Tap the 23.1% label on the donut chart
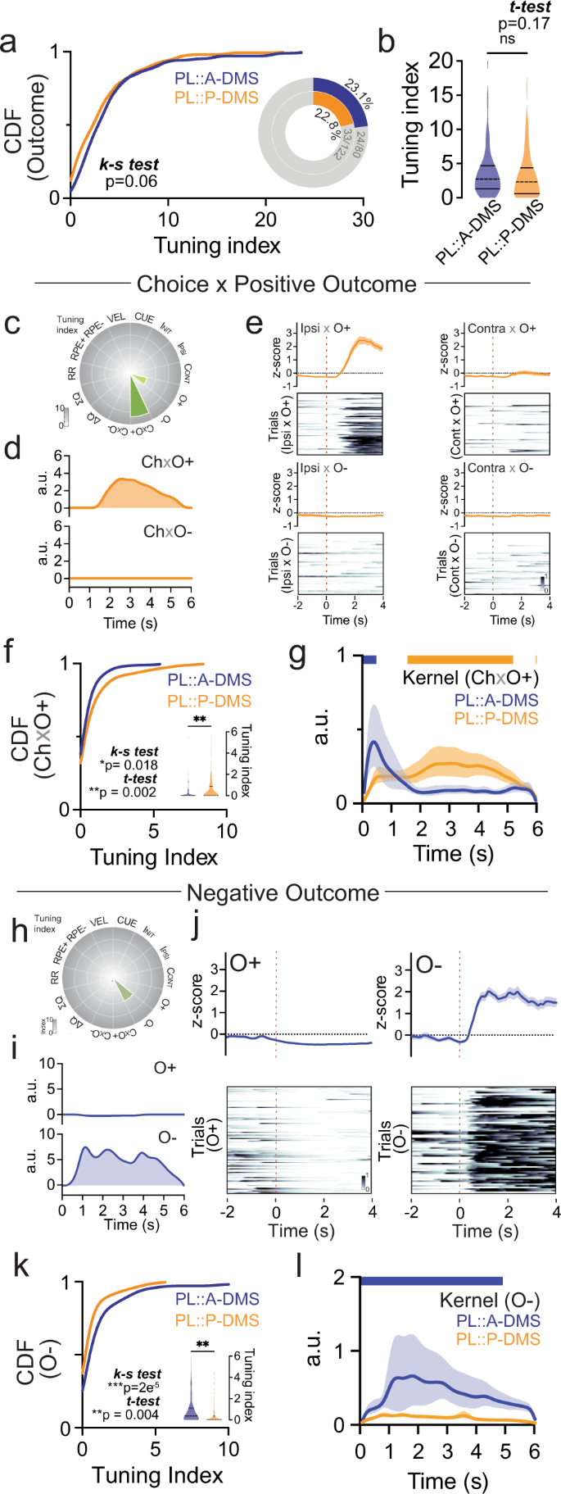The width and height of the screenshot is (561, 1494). [358, 95]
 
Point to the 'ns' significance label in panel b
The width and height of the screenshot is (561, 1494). [507, 39]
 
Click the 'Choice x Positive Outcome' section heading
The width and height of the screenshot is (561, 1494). [277, 284]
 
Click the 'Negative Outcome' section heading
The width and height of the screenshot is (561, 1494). [283, 892]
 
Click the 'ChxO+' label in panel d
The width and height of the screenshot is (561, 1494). [167, 462]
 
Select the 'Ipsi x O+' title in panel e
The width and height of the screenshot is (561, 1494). [325, 328]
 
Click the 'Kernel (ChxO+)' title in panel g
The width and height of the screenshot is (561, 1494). [470, 678]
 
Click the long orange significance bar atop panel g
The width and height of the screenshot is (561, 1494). [459, 659]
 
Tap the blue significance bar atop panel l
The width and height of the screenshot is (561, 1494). [431, 1281]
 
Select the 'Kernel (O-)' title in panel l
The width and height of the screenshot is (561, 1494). [490, 1301]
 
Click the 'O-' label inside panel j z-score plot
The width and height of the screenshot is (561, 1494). [429, 965]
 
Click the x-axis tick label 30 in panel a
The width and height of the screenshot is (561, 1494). [363, 220]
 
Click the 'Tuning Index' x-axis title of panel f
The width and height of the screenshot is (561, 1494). [153, 857]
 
